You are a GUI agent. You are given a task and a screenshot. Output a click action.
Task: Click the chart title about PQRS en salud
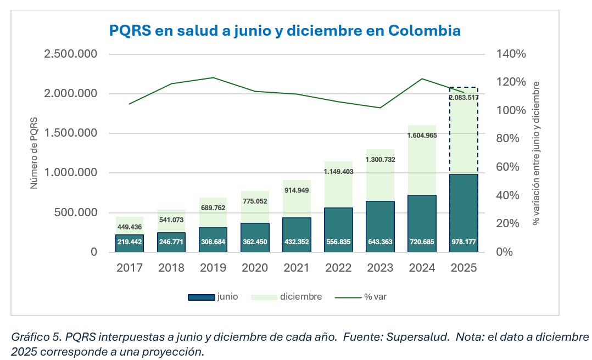click(284, 30)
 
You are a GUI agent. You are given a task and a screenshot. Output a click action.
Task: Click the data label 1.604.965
click(422, 135)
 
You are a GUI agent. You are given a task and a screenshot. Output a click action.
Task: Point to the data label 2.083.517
click(463, 98)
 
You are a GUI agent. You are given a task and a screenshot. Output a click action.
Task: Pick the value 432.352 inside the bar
click(297, 242)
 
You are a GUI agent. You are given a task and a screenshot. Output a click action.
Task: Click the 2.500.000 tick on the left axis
click(71, 54)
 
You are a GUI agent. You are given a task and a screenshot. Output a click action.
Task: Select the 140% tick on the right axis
click(511, 54)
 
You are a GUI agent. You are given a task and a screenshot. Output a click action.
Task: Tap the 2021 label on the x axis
click(297, 268)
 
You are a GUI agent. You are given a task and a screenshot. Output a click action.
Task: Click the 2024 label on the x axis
click(422, 268)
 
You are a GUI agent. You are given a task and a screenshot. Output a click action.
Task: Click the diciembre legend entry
click(286, 297)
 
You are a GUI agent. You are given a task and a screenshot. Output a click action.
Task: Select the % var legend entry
click(362, 297)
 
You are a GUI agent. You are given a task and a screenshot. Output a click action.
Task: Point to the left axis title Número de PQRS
click(33, 153)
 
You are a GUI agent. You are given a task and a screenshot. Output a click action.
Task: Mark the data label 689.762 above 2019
click(213, 208)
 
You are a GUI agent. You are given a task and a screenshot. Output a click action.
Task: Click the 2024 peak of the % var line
click(422, 78)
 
